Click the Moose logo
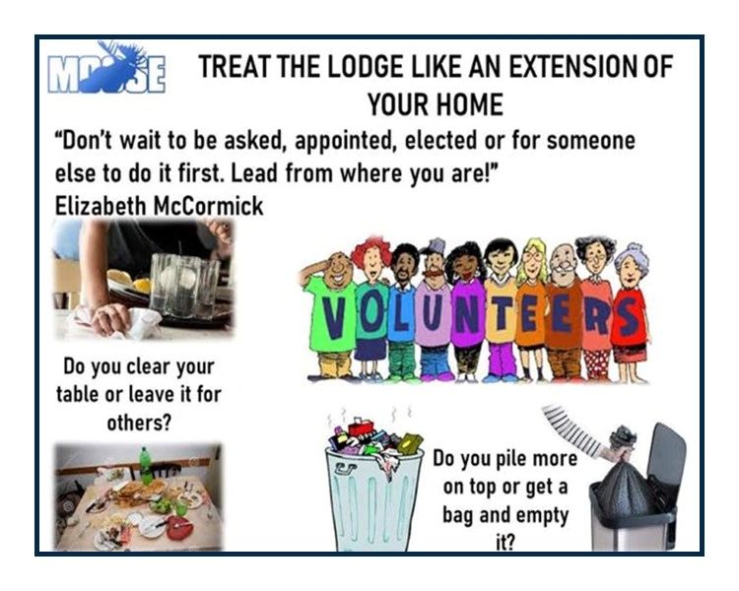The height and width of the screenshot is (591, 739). pos(106,69)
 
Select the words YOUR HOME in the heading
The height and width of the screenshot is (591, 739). pos(435,104)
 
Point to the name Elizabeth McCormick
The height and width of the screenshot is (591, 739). pos(159,206)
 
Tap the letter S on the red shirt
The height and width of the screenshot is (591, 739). pos(629,316)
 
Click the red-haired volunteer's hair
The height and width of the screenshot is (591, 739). pos(370,249)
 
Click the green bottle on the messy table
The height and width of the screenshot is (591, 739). pos(146,466)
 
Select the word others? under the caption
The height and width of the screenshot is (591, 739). pos(139,423)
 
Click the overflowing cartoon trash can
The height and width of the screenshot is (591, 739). pos(373,483)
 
